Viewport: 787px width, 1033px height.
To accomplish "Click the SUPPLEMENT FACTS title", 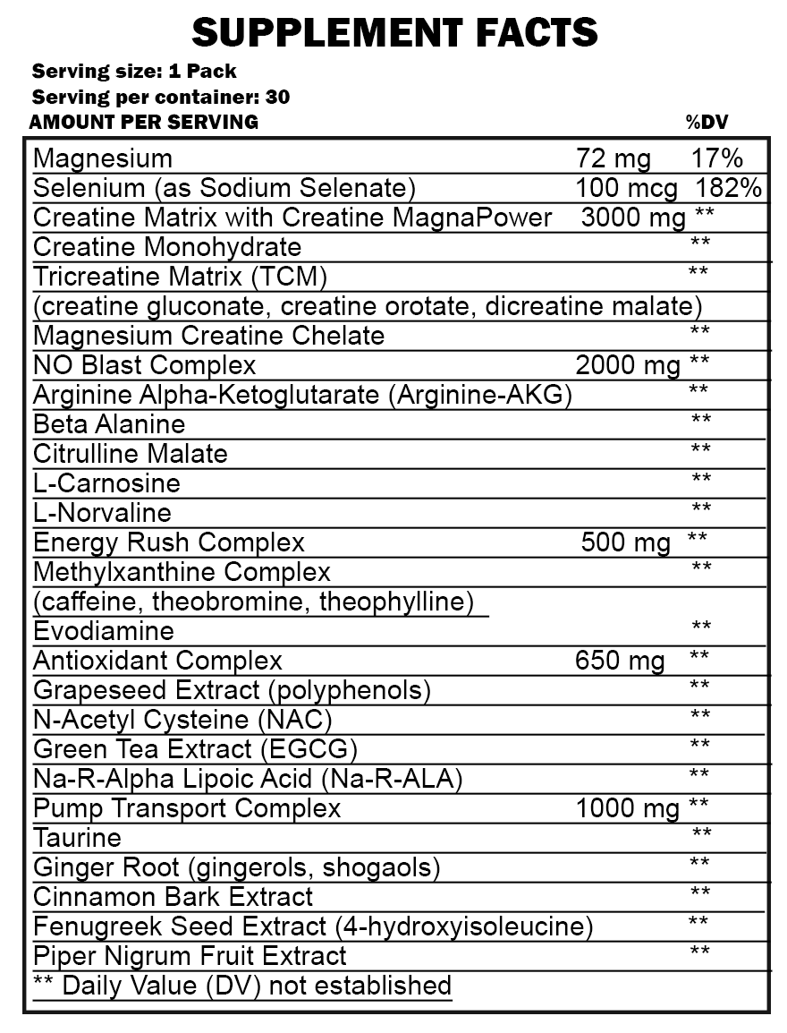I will tap(394, 32).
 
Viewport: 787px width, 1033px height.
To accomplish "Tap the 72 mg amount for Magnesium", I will tap(614, 159).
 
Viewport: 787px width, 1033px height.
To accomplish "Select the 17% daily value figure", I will tap(717, 159).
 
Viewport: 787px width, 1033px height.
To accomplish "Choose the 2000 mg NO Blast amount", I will tap(627, 365).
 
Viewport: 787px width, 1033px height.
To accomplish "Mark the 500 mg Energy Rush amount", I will tap(625, 542).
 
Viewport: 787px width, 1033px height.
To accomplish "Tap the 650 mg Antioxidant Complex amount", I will tap(620, 662).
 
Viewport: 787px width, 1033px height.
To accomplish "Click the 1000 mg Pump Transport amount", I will tap(628, 808).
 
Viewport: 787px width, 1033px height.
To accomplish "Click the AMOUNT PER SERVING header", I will tap(144, 123).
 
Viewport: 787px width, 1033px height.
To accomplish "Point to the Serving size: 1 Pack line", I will tap(134, 71).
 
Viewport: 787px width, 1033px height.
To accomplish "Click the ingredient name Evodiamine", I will tap(104, 631).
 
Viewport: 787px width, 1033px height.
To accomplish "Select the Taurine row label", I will tap(77, 839).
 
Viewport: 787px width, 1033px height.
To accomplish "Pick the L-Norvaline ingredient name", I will tap(102, 513).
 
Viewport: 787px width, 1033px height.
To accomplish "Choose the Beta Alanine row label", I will tap(109, 424).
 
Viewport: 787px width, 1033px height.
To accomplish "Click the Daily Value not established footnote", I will tap(242, 986).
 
